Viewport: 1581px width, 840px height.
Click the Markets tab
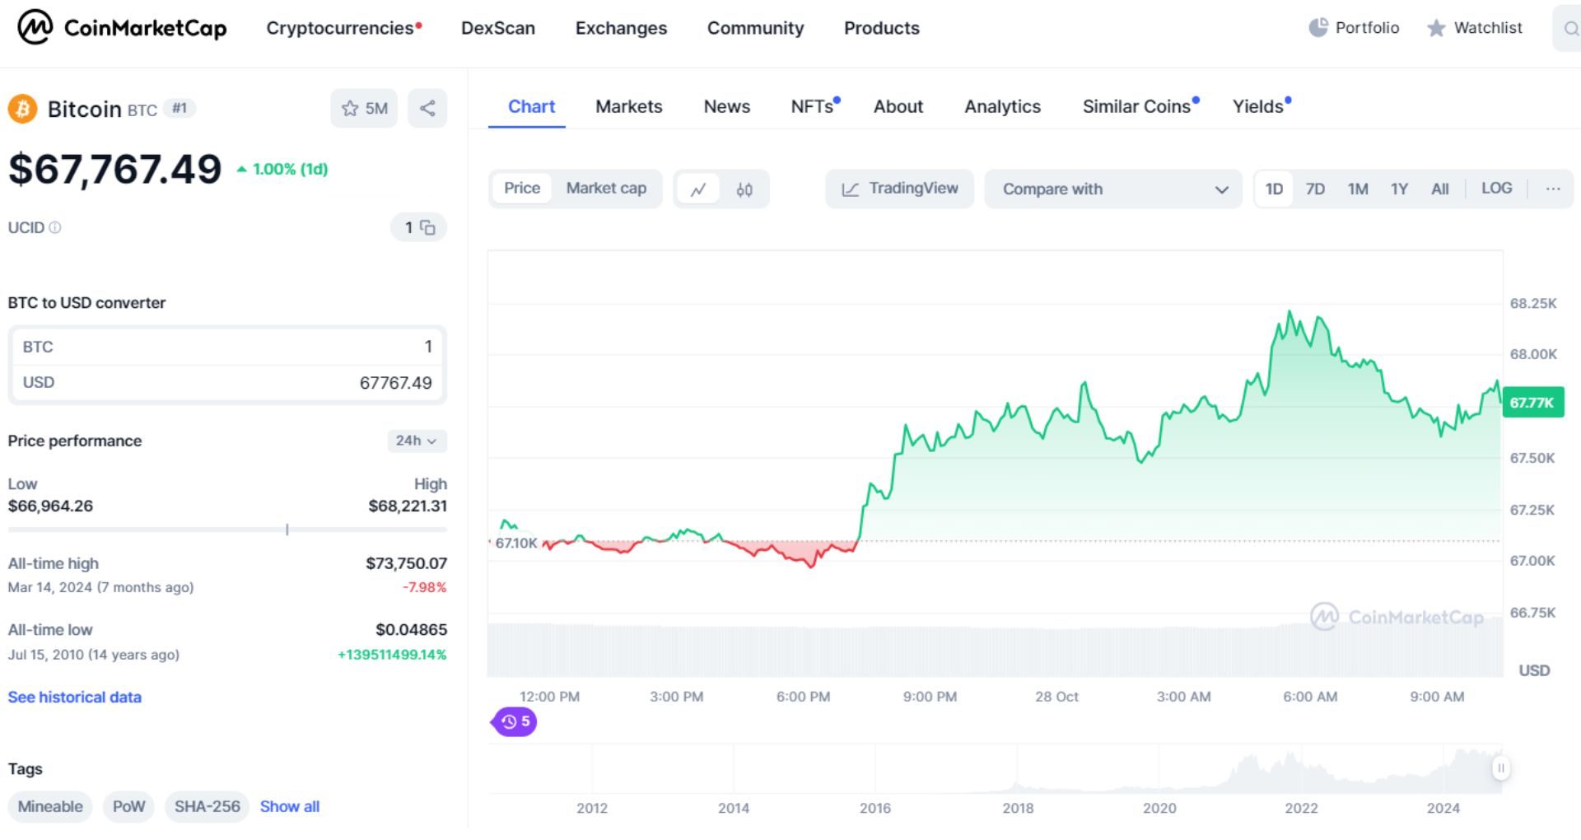pos(628,106)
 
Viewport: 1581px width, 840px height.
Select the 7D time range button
pos(1315,189)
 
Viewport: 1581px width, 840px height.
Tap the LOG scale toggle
pos(1496,189)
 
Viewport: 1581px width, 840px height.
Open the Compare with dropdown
pos(1112,189)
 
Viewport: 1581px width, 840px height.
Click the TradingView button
pos(899,189)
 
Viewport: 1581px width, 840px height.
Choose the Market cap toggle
pos(606,189)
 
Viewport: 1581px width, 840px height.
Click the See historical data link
pos(75,697)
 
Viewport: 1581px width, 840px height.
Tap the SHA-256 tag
pos(207,806)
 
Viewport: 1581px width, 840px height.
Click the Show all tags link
pos(290,806)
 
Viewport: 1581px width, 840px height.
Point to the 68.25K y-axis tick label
pos(1533,303)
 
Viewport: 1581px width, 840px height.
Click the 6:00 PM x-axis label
pos(803,697)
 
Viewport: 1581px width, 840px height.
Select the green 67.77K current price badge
pos(1532,403)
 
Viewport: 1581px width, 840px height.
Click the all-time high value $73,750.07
pos(406,563)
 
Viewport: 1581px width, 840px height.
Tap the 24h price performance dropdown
pos(417,441)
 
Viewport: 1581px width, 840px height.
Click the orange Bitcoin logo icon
pos(23,109)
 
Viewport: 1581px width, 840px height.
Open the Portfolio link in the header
pos(1355,28)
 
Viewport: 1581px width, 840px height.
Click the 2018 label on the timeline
pos(1018,808)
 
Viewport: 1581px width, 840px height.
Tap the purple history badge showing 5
pos(515,721)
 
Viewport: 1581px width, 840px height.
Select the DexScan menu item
pos(497,28)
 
